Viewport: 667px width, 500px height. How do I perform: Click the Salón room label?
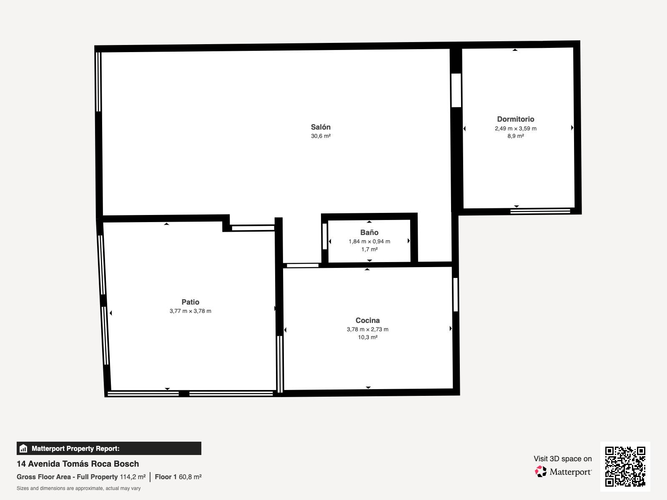pos(321,127)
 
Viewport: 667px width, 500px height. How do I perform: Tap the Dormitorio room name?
pos(515,119)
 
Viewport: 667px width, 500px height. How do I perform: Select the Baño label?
pos(369,232)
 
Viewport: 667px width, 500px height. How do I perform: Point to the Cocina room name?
pos(367,320)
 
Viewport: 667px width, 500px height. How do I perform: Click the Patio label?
pos(190,302)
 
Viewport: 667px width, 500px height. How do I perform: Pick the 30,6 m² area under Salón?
pos(321,136)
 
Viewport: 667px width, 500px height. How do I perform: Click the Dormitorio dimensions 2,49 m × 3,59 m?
pos(515,128)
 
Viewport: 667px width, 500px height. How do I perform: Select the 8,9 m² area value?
pos(515,136)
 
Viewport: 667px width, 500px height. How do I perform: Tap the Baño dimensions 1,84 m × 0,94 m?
pos(369,241)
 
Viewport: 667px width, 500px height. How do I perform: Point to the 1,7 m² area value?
pos(369,249)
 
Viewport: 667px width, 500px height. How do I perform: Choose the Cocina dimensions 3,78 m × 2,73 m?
pos(367,329)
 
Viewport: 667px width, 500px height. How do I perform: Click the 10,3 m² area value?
pos(367,337)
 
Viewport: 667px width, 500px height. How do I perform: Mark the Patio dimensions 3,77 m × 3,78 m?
pos(190,311)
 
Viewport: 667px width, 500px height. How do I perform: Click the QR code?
pos(625,467)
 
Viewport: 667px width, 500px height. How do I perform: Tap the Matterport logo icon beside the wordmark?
pos(541,472)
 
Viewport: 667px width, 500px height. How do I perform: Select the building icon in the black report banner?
pos(23,448)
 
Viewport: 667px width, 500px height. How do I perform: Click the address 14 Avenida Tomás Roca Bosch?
pos(78,464)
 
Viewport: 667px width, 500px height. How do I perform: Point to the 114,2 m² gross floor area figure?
pos(133,477)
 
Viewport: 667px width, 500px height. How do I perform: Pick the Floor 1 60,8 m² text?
pos(178,477)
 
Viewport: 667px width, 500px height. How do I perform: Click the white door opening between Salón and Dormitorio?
pos(456,90)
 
